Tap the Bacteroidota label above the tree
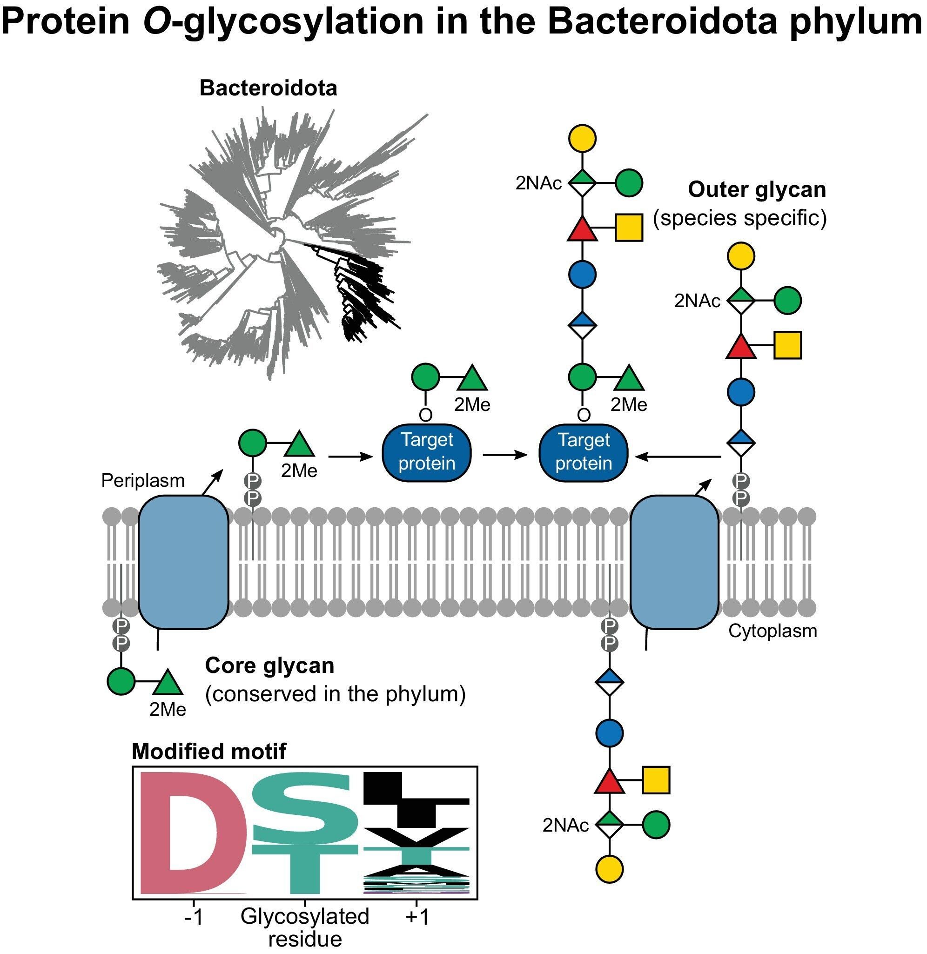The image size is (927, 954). tap(268, 88)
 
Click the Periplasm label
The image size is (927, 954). tap(143, 481)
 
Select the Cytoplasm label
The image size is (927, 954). tap(772, 631)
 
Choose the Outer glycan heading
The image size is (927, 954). tap(757, 190)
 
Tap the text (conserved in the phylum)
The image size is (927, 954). tap(335, 694)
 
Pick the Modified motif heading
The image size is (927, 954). tap(209, 752)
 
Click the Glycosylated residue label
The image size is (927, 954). tap(305, 927)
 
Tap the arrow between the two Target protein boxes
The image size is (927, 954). tap(505, 455)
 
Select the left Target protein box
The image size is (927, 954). tap(427, 452)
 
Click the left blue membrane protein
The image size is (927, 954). tap(183, 563)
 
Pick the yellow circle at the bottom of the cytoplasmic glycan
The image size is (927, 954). tap(609, 868)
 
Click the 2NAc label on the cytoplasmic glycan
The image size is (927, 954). tap(565, 826)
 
